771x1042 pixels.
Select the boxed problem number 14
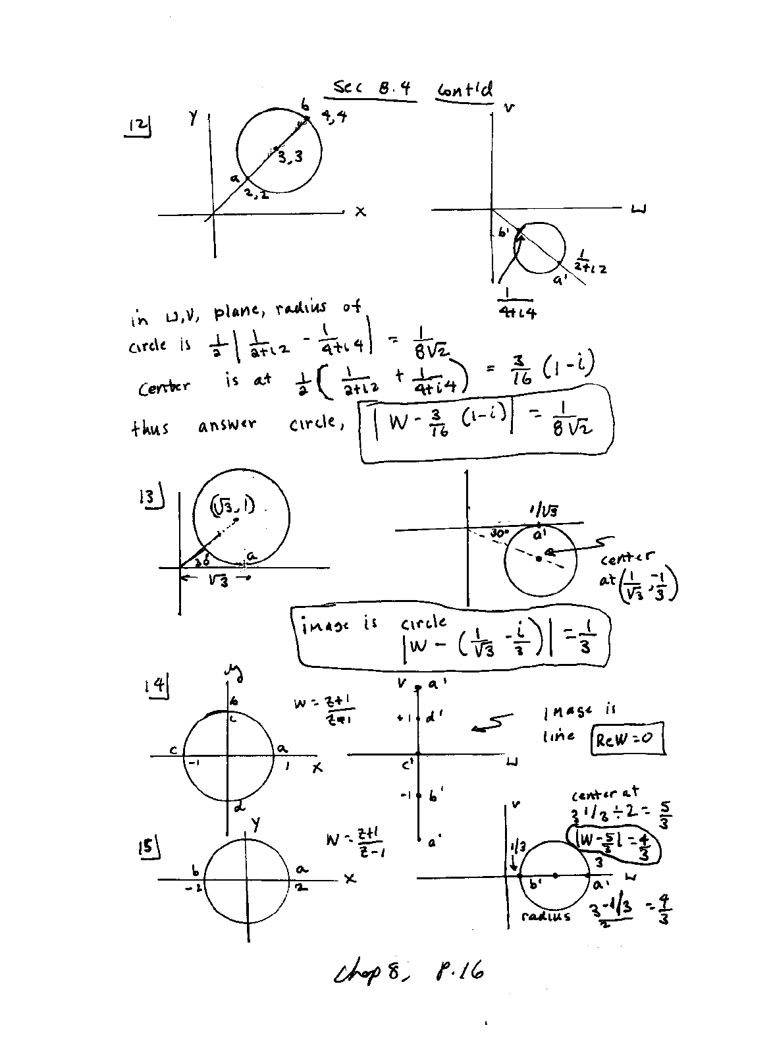(x=157, y=687)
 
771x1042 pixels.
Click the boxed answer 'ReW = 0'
(x=627, y=739)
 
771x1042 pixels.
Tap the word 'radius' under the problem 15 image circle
(x=545, y=916)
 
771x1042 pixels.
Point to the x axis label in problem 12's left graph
(x=360, y=212)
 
